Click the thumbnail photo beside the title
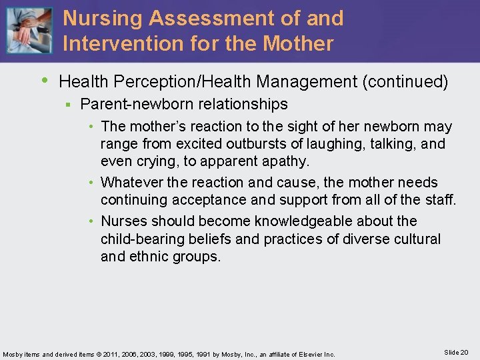28,30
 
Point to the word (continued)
405,82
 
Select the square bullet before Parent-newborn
67,105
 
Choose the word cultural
416,239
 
